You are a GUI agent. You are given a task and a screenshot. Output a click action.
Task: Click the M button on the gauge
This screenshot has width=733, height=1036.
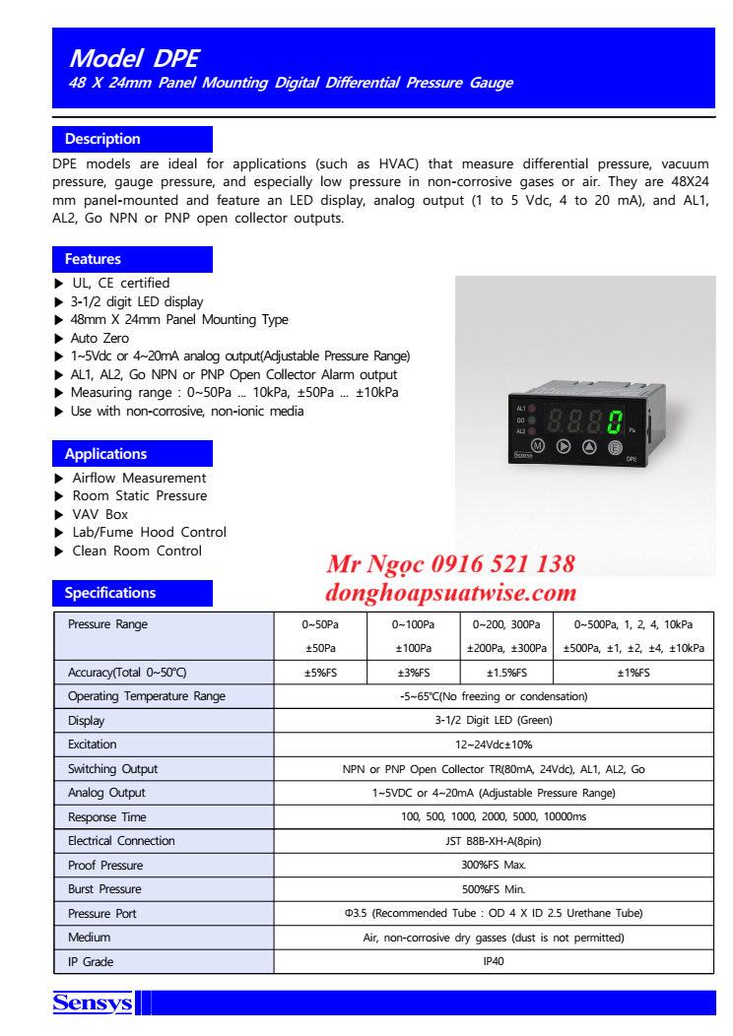[538, 446]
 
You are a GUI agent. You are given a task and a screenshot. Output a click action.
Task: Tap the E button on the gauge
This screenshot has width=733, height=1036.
[615, 448]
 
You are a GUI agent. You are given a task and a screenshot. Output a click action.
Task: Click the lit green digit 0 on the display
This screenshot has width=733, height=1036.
[614, 423]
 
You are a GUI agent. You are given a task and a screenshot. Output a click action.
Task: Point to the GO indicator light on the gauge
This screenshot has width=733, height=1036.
[532, 420]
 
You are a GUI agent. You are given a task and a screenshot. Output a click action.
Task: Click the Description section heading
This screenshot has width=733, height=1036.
[102, 139]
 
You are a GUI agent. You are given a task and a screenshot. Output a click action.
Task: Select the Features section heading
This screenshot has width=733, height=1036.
[93, 259]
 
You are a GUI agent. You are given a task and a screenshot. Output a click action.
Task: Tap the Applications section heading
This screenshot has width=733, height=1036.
[105, 454]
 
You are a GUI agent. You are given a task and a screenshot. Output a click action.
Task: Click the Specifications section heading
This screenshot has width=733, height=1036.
[110, 593]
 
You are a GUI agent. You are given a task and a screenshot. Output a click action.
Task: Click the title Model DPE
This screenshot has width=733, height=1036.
[134, 57]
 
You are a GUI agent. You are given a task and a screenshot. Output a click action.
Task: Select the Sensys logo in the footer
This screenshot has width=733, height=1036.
[92, 1004]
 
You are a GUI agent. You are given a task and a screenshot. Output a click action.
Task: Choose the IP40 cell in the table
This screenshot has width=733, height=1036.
[494, 961]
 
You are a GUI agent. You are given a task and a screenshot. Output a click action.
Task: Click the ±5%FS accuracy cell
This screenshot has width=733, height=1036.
[319, 673]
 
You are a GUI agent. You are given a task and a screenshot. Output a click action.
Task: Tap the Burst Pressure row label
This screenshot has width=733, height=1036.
[104, 889]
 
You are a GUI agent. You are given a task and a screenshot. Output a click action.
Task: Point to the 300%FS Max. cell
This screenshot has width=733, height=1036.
[494, 866]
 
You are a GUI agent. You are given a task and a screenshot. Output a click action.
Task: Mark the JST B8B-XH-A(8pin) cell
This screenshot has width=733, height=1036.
[494, 841]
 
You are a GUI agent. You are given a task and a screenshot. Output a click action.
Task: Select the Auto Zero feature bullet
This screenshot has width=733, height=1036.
[100, 338]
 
